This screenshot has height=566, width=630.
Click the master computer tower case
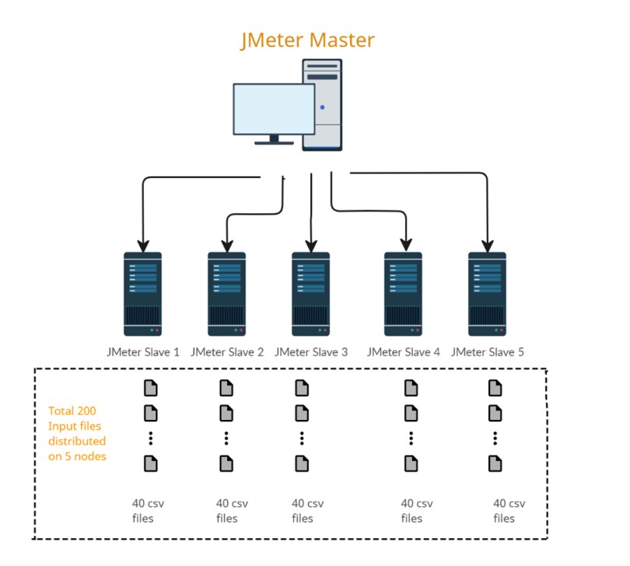click(x=321, y=104)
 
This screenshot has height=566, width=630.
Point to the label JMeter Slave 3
click(x=311, y=352)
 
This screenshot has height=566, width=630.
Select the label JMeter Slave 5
click(x=488, y=352)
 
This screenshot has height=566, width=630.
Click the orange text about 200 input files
click(x=77, y=433)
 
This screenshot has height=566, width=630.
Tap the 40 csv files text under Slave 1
click(x=148, y=511)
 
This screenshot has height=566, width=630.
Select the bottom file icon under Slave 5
click(x=495, y=463)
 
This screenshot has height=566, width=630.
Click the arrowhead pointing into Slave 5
click(x=487, y=246)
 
